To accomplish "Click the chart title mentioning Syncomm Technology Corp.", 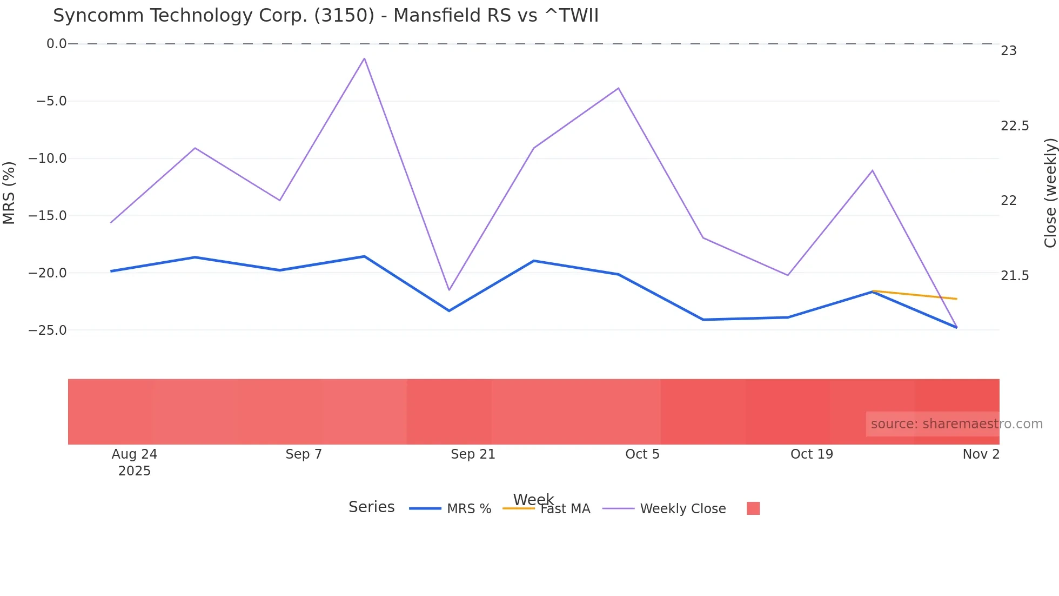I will pyautogui.click(x=326, y=16).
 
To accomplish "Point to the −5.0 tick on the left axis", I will pyautogui.click(x=51, y=101).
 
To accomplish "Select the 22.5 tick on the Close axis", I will pyautogui.click(x=1015, y=126).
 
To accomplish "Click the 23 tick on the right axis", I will pyautogui.click(x=1009, y=51).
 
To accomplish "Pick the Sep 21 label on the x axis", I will pyautogui.click(x=473, y=454).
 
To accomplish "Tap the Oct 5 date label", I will pyautogui.click(x=642, y=454).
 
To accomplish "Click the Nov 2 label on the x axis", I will pyautogui.click(x=981, y=454).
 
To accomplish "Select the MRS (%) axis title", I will pyautogui.click(x=9, y=193).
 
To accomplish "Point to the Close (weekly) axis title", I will pyautogui.click(x=1050, y=193).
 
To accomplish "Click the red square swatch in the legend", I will pyautogui.click(x=753, y=508).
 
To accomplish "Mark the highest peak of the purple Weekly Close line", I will pyautogui.click(x=365, y=58).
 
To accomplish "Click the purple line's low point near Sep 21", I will pyautogui.click(x=449, y=290).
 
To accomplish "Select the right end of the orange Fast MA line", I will pyautogui.click(x=956, y=299).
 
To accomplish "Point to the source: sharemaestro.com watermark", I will pyautogui.click(x=956, y=424).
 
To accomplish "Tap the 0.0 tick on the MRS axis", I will pyautogui.click(x=56, y=44).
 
